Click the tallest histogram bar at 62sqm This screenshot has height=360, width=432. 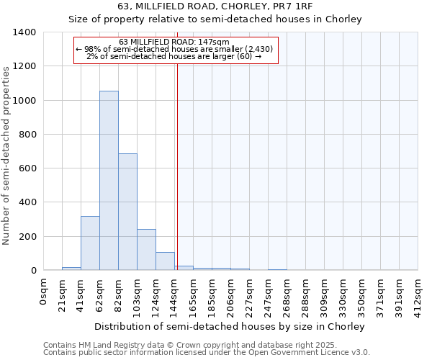(x=109, y=180)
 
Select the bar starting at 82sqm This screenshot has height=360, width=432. (x=127, y=212)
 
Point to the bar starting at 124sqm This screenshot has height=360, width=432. (x=165, y=261)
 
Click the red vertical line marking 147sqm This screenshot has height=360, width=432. (x=176, y=166)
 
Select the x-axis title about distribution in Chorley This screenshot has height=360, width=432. (x=230, y=326)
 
